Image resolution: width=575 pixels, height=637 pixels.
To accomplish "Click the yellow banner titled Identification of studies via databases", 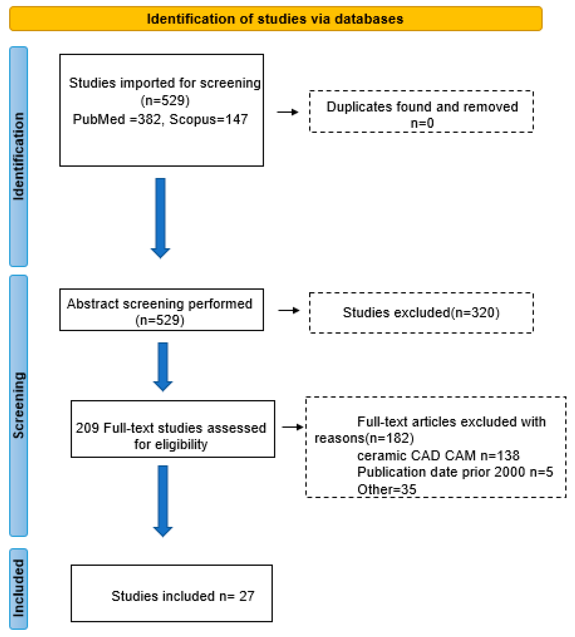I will coord(275,19).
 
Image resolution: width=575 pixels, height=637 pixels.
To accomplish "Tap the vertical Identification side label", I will coord(19,156).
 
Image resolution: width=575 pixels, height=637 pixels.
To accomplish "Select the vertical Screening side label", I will coord(19,406).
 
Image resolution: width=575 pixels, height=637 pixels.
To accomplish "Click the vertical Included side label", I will coord(19,588).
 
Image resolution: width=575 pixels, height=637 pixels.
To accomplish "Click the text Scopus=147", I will coord(209,120).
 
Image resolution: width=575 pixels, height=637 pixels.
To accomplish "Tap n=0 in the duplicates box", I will coord(422,123).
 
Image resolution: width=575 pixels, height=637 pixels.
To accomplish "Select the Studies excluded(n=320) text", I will coord(421,312).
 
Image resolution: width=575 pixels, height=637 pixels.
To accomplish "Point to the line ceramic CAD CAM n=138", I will coord(438,456).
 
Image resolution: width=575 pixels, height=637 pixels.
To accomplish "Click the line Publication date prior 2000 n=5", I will coord(455,472).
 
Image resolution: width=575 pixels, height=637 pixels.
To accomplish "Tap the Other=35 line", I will coord(387,489).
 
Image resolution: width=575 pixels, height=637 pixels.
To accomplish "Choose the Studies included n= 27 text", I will coord(183,596).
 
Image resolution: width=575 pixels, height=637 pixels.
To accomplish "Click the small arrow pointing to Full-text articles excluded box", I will coord(292,427).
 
